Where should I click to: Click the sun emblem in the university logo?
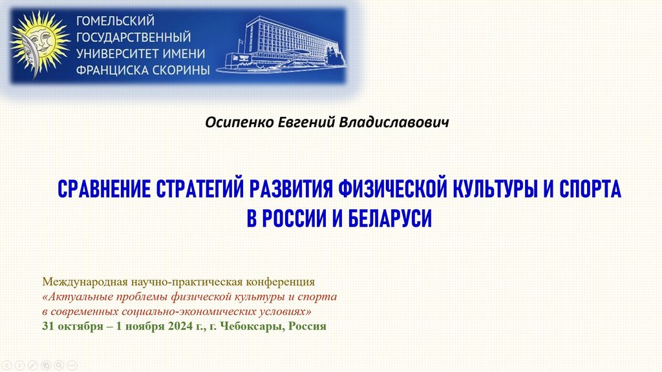click(x=39, y=44)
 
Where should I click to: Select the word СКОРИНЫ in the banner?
click(x=181, y=70)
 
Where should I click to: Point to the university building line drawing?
click(x=282, y=45)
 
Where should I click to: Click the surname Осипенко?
click(x=239, y=122)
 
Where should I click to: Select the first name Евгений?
click(x=306, y=122)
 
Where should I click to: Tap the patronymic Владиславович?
click(x=394, y=122)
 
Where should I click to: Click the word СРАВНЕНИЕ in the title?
click(x=104, y=189)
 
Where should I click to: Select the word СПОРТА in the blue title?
click(x=590, y=189)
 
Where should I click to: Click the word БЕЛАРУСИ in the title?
click(x=390, y=218)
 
